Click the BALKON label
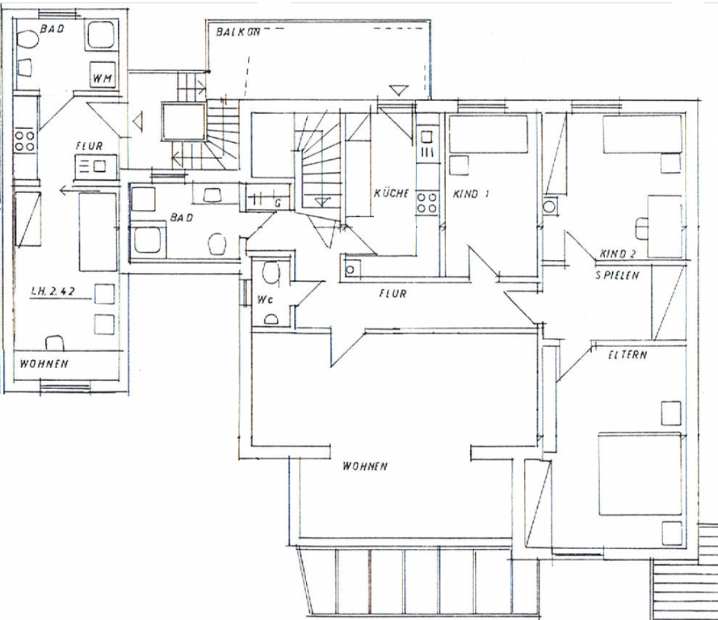click(238, 31)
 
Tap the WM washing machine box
click(102, 73)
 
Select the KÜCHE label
click(392, 193)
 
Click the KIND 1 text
click(471, 194)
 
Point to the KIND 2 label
click(618, 253)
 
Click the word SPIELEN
click(617, 275)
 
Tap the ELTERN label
click(628, 354)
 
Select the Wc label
click(265, 300)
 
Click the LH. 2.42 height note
click(52, 291)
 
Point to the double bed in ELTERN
click(640, 473)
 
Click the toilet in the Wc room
click(271, 272)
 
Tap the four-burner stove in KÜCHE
click(427, 203)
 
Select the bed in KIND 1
click(488, 134)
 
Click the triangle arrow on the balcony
click(398, 90)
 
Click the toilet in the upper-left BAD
click(27, 39)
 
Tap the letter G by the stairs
click(278, 203)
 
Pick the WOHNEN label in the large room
click(365, 467)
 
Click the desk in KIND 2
click(664, 226)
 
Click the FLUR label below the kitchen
click(393, 293)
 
